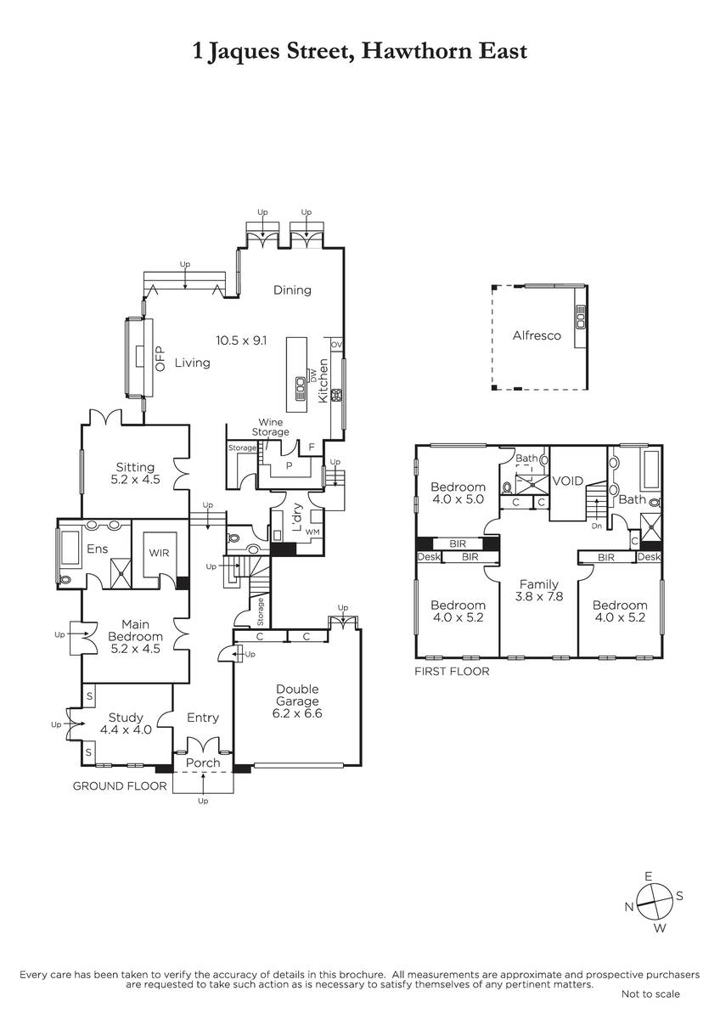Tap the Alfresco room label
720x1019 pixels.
pos(537,335)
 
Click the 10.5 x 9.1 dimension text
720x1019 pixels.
pos(241,341)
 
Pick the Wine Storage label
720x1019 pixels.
pos(271,426)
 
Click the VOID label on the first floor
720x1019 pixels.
pos(568,481)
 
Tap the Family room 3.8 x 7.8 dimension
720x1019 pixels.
pos(539,596)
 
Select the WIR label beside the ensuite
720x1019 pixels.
pos(159,553)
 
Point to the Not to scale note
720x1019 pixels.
pos(650,994)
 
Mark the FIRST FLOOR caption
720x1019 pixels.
pos(452,672)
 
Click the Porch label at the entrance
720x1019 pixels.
pos(203,763)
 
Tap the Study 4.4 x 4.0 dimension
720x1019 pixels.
pos(126,729)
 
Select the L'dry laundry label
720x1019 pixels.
pos(297,518)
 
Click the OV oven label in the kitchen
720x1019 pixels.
pos(336,345)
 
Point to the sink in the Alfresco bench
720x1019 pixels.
pos(581,317)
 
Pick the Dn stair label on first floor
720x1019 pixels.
pos(597,526)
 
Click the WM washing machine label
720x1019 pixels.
pos(312,532)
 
